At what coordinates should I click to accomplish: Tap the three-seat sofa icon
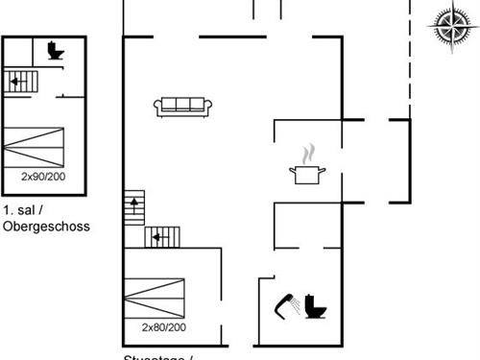(182, 106)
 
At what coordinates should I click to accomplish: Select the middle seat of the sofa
(182, 105)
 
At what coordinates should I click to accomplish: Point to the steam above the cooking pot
(307, 153)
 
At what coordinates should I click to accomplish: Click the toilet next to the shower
(316, 305)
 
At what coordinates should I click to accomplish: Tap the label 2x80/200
(163, 327)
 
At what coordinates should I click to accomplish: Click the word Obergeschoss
(46, 227)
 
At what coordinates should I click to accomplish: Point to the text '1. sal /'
(21, 209)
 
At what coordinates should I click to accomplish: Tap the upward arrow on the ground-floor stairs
(133, 203)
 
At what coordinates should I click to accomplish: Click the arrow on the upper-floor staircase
(15, 82)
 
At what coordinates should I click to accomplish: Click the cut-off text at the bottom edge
(158, 357)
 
